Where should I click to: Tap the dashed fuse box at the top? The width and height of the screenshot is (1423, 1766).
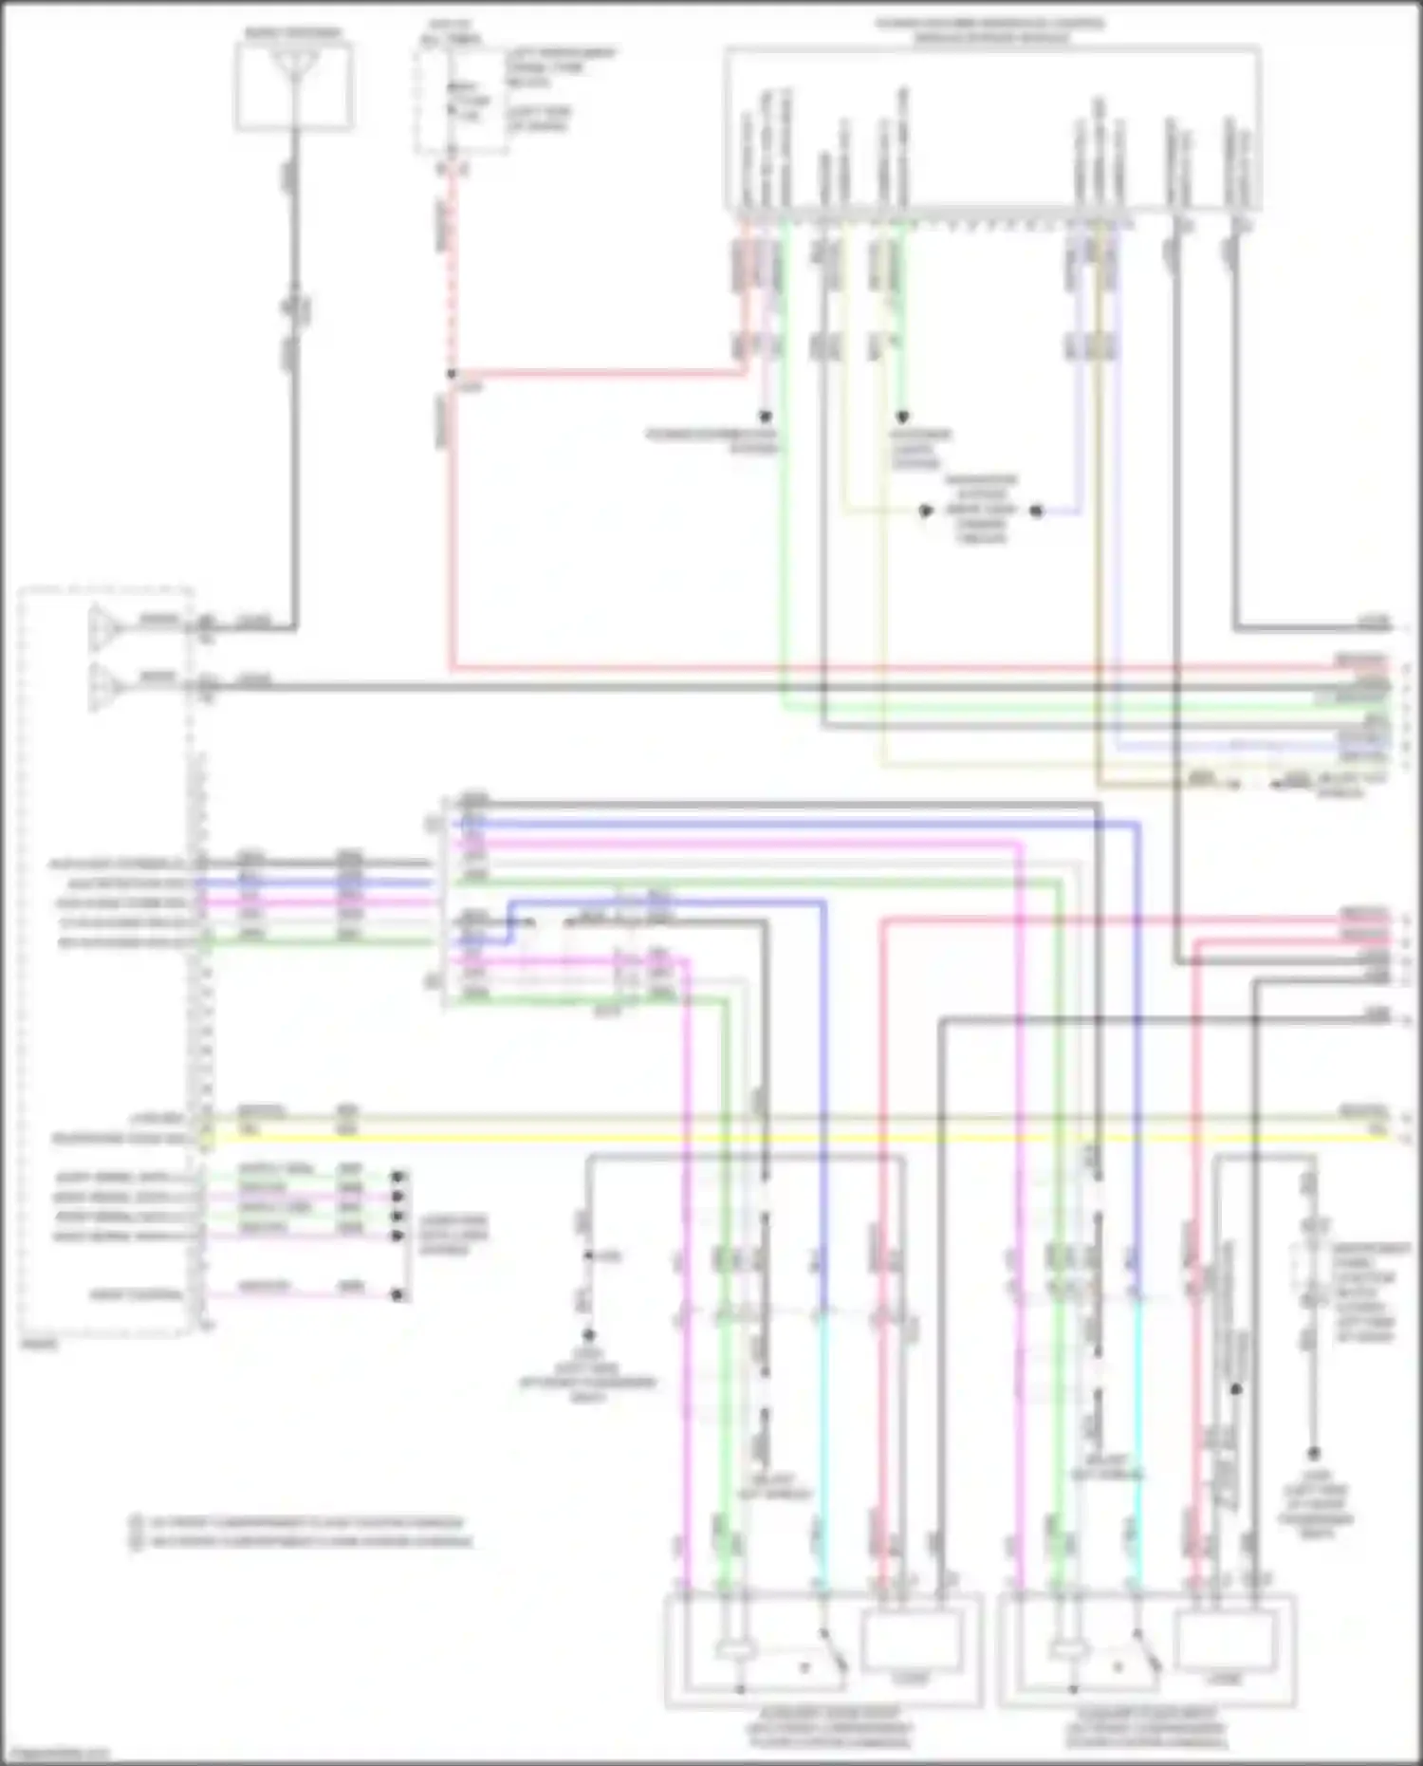coord(461,100)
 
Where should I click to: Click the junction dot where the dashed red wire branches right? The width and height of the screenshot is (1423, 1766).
coord(452,373)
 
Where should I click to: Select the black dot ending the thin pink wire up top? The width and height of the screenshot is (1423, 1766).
coord(765,417)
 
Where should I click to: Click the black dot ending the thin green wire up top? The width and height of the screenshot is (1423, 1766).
coord(902,417)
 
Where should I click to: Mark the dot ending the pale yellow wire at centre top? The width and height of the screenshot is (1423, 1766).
coord(925,511)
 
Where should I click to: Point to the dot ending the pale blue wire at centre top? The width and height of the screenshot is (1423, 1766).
coord(1037,511)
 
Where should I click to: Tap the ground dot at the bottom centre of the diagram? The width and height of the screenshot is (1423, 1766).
coord(588,1334)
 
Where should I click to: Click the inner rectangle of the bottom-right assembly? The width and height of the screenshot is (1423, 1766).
coord(1224,1642)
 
